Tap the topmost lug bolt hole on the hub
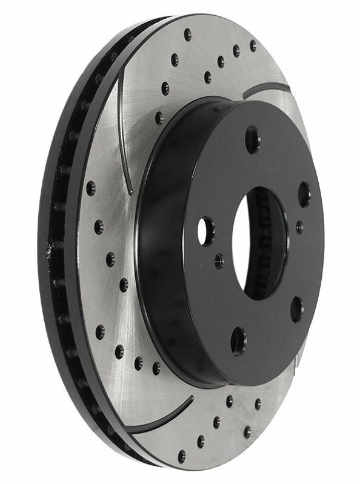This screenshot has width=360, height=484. coord(252,139)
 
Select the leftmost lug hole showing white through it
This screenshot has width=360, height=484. coord(207,231)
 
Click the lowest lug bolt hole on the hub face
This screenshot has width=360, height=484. coord(239,341)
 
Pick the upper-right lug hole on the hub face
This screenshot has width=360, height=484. coord(304,194)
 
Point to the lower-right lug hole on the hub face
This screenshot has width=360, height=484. coord(296,309)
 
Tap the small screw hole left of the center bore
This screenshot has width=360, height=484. coord(219,261)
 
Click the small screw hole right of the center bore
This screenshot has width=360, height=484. coord(299,227)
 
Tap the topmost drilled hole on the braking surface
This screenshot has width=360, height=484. coord(187,34)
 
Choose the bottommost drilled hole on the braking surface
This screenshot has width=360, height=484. coord(181,455)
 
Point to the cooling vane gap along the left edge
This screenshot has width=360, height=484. coord(58,242)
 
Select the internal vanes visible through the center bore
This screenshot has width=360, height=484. coord(276,242)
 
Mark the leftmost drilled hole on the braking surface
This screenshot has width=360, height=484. coord(91,188)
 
